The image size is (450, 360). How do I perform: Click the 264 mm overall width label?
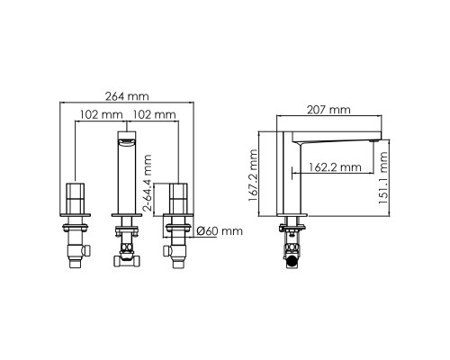(126, 96)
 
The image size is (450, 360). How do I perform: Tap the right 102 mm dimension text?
(155, 115)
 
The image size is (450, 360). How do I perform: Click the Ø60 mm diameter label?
(220, 231)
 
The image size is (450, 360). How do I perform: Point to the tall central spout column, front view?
(126, 175)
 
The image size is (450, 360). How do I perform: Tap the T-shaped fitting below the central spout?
(125, 256)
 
